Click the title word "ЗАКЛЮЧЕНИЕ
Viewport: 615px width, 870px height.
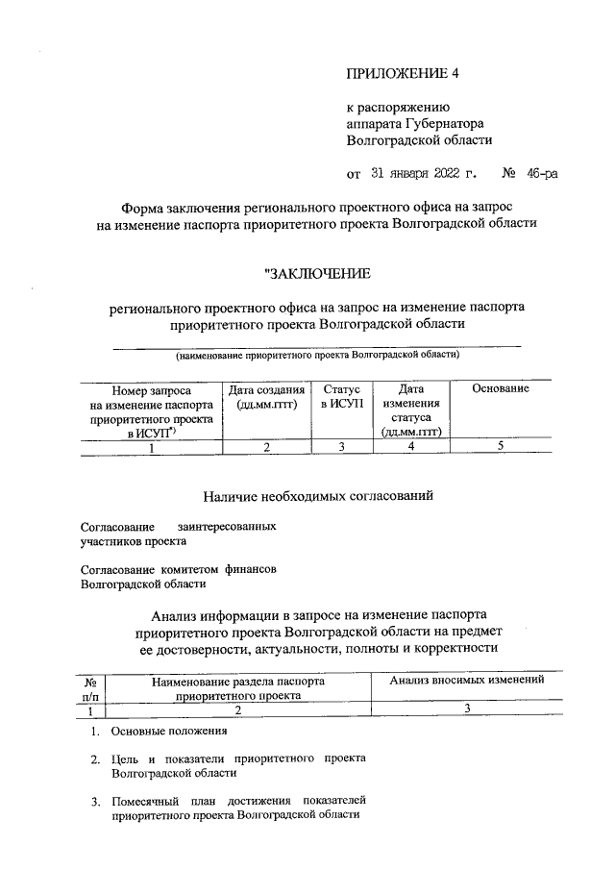coord(317,275)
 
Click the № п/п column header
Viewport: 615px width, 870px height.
coord(90,687)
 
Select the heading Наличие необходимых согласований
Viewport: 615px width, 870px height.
coord(318,496)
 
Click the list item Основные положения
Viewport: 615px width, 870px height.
coord(169,732)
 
